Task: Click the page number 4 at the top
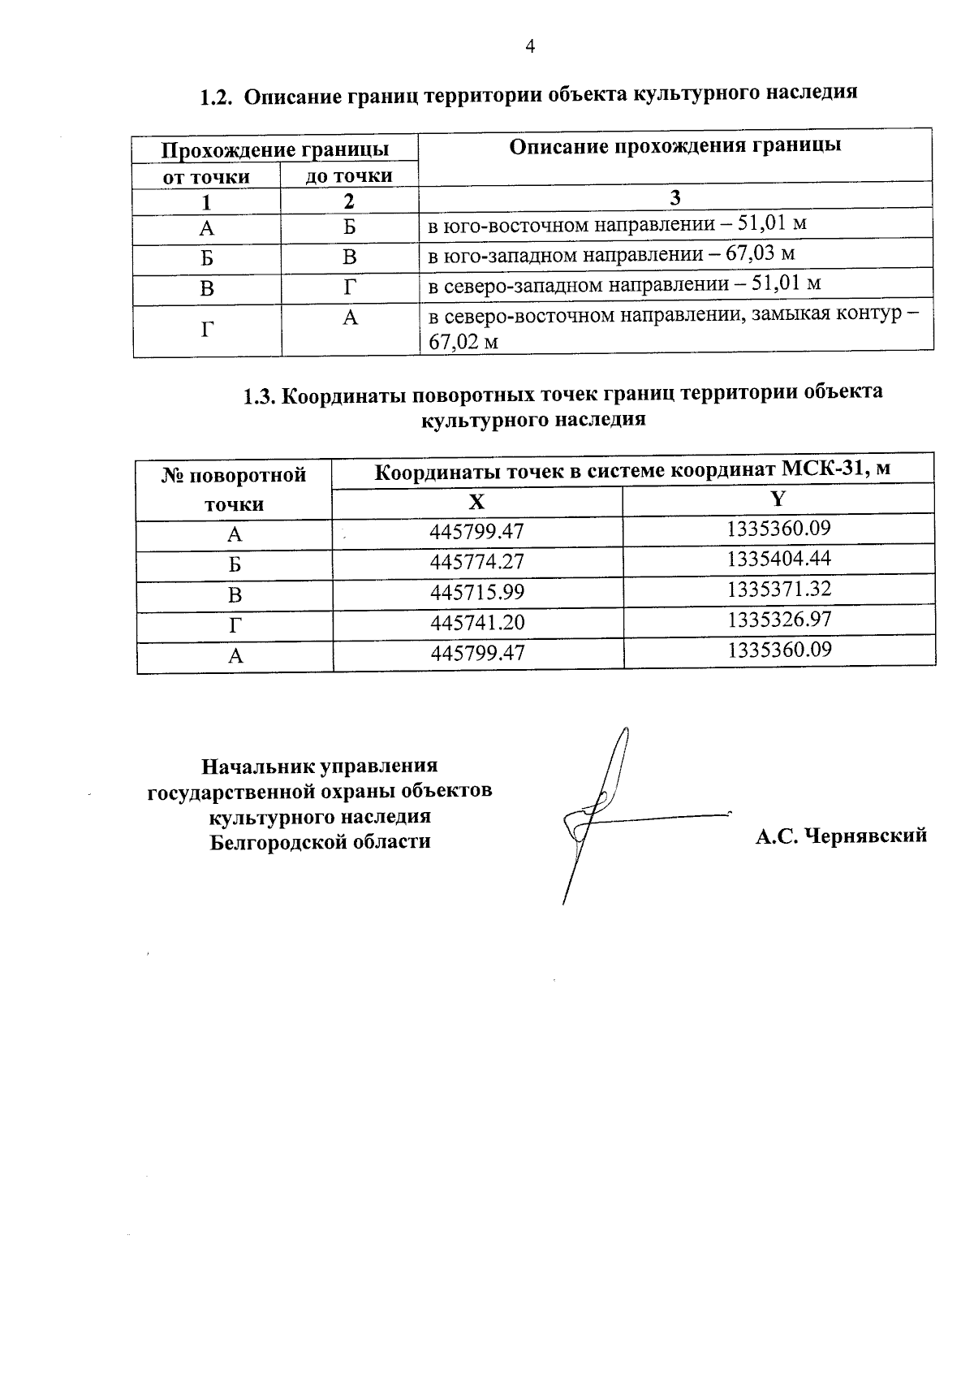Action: pos(530,47)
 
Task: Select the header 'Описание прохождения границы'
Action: pos(674,146)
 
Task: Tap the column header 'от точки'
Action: pos(206,176)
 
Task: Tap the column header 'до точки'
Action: pos(349,175)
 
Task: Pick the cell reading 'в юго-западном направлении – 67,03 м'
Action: pos(611,254)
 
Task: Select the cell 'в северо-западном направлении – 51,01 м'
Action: pos(624,284)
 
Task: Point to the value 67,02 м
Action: pos(463,342)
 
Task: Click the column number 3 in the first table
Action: pos(674,198)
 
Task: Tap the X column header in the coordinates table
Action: pos(477,501)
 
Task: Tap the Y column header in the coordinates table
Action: pos(778,499)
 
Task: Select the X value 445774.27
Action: pos(477,561)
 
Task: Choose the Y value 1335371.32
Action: pos(779,589)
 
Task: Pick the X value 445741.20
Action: pos(477,622)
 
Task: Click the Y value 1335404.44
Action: pos(779,559)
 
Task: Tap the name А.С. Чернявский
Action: pos(841,836)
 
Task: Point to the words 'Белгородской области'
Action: pos(320,841)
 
